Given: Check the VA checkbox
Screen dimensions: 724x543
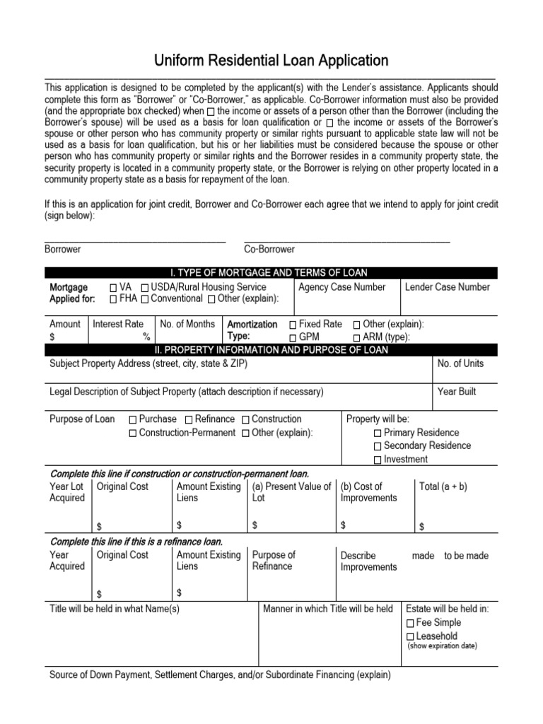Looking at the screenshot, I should tap(114, 288).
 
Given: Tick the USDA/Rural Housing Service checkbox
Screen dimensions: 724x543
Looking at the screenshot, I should tap(144, 288).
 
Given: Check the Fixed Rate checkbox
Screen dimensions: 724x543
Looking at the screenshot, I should tap(293, 325).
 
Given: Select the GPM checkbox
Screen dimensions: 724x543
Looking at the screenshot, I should tap(293, 337).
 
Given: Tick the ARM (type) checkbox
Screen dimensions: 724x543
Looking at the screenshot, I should tap(356, 337).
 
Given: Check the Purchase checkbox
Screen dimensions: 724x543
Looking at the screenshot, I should tap(133, 420).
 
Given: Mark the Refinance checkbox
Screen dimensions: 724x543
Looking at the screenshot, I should tap(189, 420).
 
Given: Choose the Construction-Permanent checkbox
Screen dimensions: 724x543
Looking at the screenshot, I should tap(133, 433).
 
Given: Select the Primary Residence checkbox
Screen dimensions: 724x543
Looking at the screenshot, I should tap(377, 433).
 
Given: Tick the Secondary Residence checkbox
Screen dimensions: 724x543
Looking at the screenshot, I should tap(377, 446).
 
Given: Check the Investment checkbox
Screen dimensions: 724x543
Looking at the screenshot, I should tap(377, 460).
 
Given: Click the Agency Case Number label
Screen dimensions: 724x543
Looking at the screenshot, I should tap(342, 287).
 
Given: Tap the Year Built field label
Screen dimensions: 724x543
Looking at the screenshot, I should tap(457, 392).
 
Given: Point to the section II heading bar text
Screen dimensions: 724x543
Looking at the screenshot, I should tap(271, 350).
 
